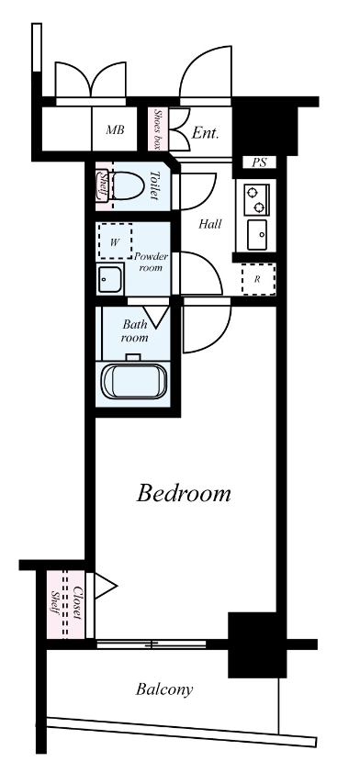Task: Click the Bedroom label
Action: (184, 494)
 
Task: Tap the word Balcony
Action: (164, 690)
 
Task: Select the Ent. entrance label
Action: (206, 133)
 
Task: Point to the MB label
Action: (115, 130)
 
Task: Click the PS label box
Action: (259, 162)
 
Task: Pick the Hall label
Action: (210, 224)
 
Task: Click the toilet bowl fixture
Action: (128, 185)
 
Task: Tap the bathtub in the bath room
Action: (133, 380)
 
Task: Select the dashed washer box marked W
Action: (116, 241)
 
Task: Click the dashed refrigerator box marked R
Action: (258, 279)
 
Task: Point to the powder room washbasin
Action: (110, 278)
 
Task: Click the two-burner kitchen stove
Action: (256, 199)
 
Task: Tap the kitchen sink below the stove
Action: (258, 234)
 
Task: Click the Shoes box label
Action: (158, 129)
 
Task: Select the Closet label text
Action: (76, 603)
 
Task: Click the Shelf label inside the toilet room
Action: (103, 185)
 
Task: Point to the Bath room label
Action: (134, 331)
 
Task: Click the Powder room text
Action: (151, 262)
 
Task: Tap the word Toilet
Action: (154, 185)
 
